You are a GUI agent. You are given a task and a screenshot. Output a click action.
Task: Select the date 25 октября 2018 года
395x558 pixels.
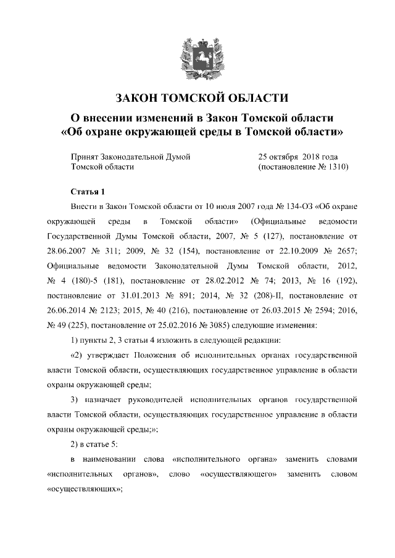(298, 157)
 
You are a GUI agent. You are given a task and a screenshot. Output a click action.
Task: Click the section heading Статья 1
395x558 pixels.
(89, 191)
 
